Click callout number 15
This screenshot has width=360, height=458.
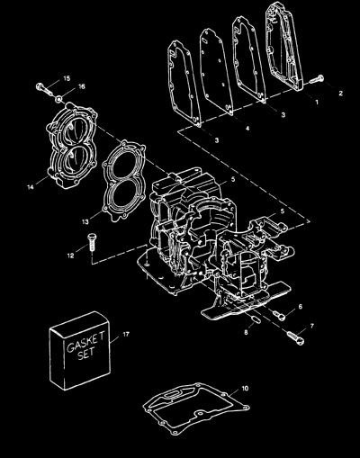[67, 78]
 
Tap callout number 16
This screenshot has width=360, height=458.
[82, 86]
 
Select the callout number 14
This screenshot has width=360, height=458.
[31, 187]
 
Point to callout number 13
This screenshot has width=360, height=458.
[85, 222]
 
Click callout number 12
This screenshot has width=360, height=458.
[70, 256]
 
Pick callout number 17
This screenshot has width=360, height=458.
[126, 334]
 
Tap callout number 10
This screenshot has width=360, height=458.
[245, 389]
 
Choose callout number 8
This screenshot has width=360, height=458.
[246, 332]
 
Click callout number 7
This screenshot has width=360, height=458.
[312, 326]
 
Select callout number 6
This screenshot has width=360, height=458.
[301, 307]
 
